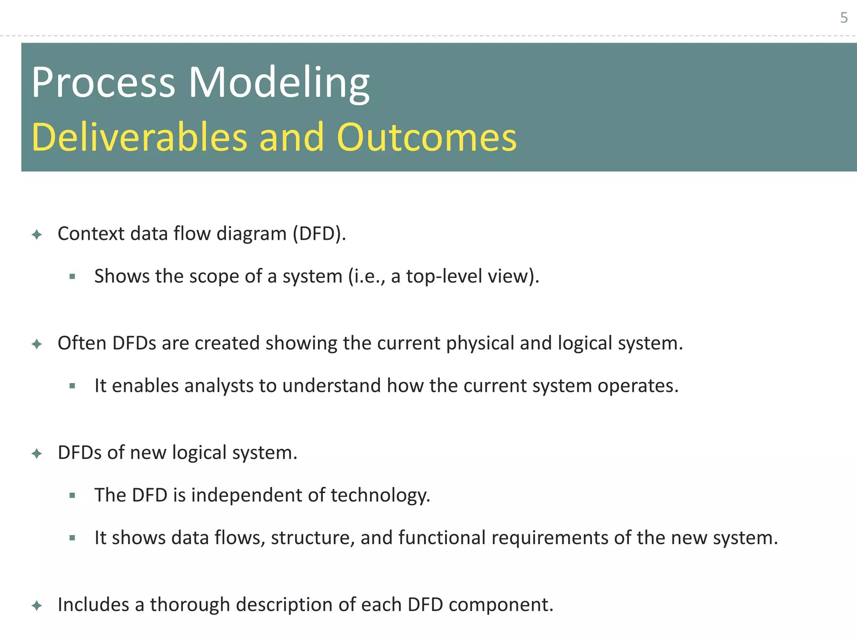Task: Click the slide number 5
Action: point(844,18)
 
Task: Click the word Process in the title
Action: point(103,82)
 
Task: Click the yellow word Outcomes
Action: point(427,137)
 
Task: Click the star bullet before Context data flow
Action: point(37,234)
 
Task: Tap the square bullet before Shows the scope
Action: point(72,276)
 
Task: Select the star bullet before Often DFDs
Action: point(37,344)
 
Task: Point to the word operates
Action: point(637,386)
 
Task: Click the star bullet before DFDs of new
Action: point(37,453)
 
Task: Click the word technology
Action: point(380,496)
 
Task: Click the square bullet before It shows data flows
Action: point(72,538)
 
